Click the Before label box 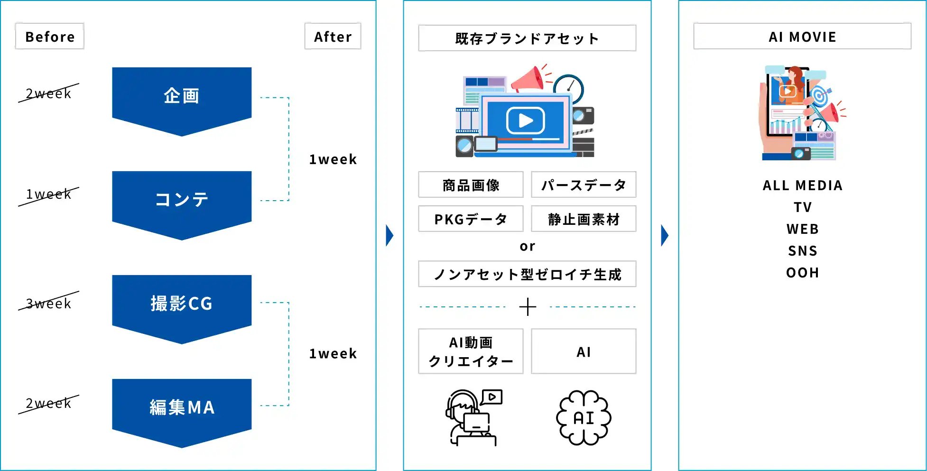tap(50, 36)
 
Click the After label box tap(333, 36)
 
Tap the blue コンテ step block tap(182, 200)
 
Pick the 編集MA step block tap(182, 408)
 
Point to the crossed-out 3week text tap(48, 303)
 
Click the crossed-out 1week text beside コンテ tap(48, 194)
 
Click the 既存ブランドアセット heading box tap(527, 38)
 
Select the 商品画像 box tap(471, 185)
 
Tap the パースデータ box tap(584, 185)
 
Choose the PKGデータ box tap(471, 219)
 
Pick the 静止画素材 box tap(584, 219)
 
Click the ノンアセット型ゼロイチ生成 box tap(527, 274)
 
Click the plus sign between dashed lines tap(528, 307)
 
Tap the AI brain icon tap(584, 418)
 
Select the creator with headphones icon tap(473, 418)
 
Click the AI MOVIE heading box tap(802, 37)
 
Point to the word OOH tap(802, 273)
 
